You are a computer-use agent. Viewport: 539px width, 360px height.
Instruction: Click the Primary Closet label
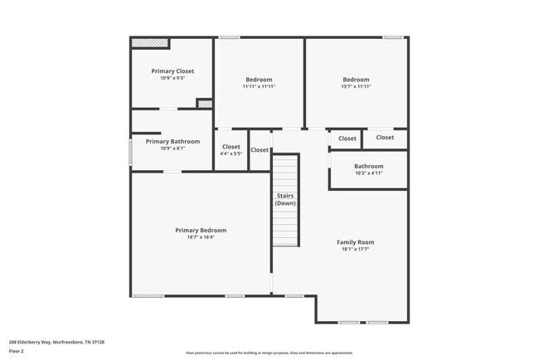point(172,71)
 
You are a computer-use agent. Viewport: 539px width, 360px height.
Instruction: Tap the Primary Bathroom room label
point(172,142)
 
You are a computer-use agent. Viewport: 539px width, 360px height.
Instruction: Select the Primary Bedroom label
point(201,230)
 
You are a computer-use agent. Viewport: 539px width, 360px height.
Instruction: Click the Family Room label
point(355,242)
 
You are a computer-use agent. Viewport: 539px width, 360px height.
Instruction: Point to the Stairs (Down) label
point(285,200)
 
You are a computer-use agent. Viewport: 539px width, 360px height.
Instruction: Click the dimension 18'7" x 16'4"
point(201,237)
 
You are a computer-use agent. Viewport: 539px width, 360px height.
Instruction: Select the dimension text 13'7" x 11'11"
point(356,86)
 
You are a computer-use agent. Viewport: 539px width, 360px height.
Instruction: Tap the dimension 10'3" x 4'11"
point(368,173)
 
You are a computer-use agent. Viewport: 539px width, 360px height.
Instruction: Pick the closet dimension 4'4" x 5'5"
point(231,153)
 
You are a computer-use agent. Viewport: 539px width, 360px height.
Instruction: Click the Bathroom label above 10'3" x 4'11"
point(368,166)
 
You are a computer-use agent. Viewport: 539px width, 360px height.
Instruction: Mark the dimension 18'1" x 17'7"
point(355,249)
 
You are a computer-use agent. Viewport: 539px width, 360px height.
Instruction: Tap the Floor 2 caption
point(17,351)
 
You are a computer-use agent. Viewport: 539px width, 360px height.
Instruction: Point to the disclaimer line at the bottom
point(269,353)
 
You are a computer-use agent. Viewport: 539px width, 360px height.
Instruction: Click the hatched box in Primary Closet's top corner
point(151,41)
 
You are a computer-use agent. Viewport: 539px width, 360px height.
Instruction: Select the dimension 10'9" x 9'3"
point(172,79)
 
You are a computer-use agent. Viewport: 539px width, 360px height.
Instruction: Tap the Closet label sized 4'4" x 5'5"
point(231,147)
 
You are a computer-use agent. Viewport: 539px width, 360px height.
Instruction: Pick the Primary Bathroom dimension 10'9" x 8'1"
point(172,149)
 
